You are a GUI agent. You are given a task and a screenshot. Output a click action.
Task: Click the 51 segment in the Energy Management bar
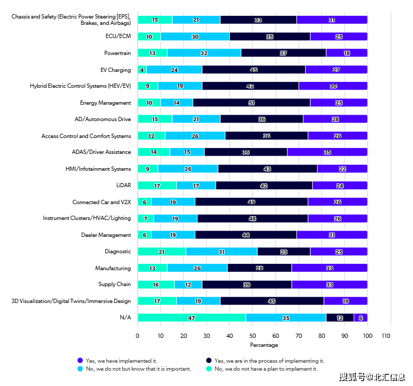point(252,103)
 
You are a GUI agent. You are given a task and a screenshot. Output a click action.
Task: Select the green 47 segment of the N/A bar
point(192,317)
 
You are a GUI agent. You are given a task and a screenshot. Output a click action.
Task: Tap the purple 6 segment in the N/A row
point(361,317)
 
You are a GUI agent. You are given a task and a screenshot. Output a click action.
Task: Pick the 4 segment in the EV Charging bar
point(142,69)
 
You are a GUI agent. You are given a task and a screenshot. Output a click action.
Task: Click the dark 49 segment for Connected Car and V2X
point(252,202)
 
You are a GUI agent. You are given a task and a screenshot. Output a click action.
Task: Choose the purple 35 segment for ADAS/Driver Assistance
point(327,152)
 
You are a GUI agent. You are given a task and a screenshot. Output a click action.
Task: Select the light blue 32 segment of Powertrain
point(204,53)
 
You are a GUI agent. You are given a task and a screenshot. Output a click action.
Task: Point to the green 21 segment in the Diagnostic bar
point(161,251)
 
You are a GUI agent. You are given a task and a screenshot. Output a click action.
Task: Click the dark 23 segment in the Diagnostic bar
point(284,251)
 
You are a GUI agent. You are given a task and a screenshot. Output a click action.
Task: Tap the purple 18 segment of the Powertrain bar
point(347,53)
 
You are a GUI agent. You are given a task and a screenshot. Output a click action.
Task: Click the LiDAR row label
point(123,186)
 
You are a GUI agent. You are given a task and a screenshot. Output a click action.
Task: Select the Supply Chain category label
point(114,284)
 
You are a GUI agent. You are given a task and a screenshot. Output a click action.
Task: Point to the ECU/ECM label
point(118,36)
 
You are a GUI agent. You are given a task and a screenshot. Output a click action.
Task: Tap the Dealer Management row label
point(106,235)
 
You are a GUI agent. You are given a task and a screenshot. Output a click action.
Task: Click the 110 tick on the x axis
point(386,336)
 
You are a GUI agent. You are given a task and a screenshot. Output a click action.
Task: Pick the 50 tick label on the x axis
point(253,336)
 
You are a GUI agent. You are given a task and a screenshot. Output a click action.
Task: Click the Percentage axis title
point(264,345)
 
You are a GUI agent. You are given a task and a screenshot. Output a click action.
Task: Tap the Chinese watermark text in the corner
point(372,377)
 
